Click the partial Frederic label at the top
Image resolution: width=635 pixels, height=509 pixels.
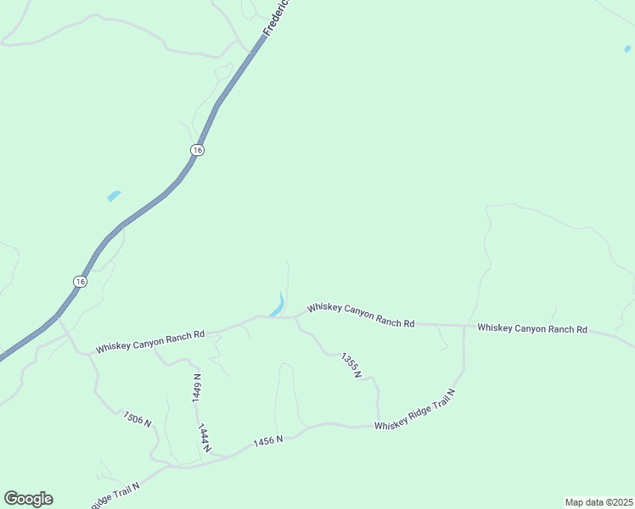click(x=277, y=18)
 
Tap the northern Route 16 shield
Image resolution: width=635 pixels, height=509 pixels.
click(x=197, y=150)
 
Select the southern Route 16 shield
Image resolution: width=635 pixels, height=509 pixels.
click(x=79, y=281)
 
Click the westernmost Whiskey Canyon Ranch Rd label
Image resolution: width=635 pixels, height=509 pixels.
click(x=150, y=341)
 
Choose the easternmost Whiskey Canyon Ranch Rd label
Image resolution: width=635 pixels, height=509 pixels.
click(x=532, y=328)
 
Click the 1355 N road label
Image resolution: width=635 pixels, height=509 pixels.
click(x=351, y=365)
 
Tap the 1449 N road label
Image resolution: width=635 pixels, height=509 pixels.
click(x=197, y=387)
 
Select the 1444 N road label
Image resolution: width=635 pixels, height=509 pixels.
click(x=204, y=437)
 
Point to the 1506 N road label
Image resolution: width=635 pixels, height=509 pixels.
click(x=137, y=418)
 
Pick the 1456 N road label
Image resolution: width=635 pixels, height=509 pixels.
click(x=267, y=441)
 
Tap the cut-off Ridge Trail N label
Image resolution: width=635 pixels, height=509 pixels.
click(x=115, y=493)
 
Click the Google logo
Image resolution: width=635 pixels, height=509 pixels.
click(x=28, y=499)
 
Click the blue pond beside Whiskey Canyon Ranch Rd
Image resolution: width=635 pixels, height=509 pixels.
click(x=278, y=305)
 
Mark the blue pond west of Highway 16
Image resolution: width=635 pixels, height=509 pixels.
click(x=114, y=196)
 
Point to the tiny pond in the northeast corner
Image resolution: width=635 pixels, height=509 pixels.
click(x=627, y=49)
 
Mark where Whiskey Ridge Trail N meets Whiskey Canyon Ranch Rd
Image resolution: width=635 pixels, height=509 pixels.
click(x=464, y=326)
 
